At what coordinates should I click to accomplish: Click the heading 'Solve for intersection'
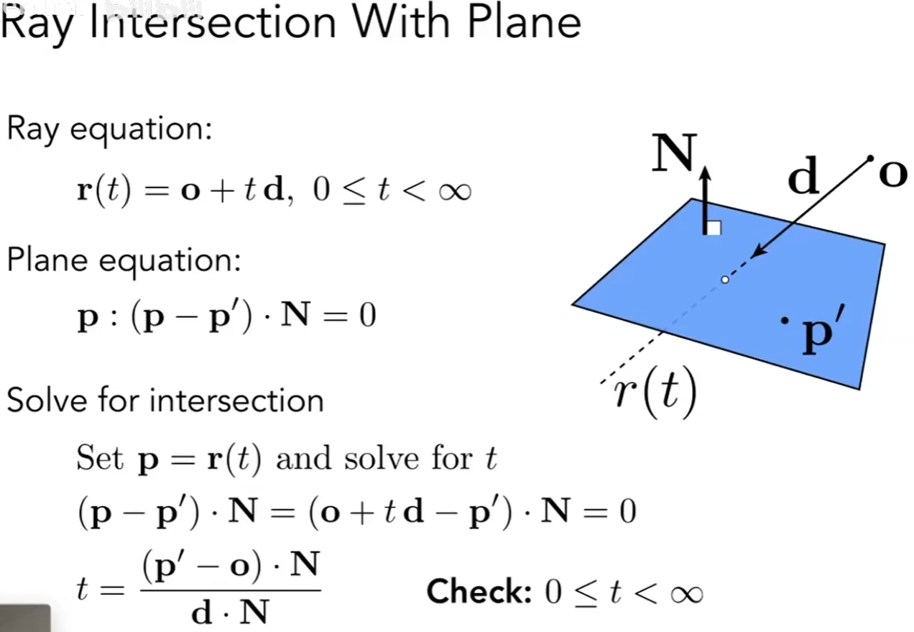click(165, 400)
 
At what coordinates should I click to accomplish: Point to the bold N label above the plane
click(674, 155)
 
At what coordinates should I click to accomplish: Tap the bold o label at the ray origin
click(892, 175)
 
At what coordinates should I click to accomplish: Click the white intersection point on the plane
click(725, 279)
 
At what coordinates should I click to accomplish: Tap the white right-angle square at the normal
click(714, 228)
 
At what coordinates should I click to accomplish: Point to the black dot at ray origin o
click(870, 157)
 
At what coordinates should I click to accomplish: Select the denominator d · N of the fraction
click(229, 611)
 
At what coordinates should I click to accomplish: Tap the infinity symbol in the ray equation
click(451, 193)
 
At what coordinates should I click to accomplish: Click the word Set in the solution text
click(100, 458)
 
